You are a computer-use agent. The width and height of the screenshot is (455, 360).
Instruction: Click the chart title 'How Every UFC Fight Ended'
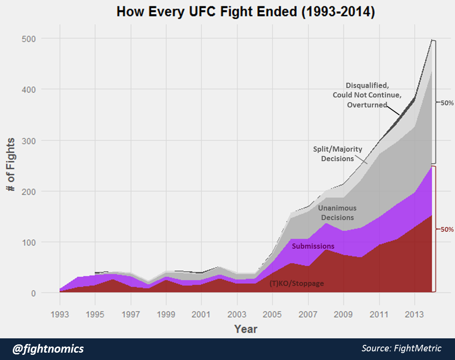tap(245, 12)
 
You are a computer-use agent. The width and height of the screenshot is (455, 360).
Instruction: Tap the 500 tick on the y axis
tap(29, 39)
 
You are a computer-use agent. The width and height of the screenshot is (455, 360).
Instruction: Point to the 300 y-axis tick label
tap(29, 141)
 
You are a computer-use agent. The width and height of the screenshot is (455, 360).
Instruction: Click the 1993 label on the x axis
tap(60, 314)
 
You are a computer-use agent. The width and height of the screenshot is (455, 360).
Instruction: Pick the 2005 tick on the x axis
tap(273, 314)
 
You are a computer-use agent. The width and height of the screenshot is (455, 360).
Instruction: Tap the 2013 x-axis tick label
tap(415, 314)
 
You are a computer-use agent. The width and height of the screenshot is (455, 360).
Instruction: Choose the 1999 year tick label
tap(166, 314)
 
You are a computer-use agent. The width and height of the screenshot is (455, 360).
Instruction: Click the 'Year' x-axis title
tap(246, 329)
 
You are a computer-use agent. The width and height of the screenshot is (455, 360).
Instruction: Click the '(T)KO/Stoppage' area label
tap(297, 284)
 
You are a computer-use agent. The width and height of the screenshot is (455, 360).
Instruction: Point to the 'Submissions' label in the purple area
tap(313, 246)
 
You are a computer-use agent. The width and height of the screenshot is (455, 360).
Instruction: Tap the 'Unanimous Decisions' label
tap(337, 213)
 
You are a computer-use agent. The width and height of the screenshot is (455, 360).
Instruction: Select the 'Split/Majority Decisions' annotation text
tap(338, 154)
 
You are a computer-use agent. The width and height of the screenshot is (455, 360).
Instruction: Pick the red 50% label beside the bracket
tap(446, 230)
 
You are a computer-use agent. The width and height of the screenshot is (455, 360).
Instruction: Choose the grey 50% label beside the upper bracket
tap(446, 103)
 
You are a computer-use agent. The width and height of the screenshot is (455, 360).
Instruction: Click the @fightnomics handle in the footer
tap(48, 349)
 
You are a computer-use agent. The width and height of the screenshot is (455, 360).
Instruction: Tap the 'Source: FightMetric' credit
tap(401, 348)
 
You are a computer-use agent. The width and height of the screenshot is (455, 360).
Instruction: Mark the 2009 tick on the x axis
tap(344, 314)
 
